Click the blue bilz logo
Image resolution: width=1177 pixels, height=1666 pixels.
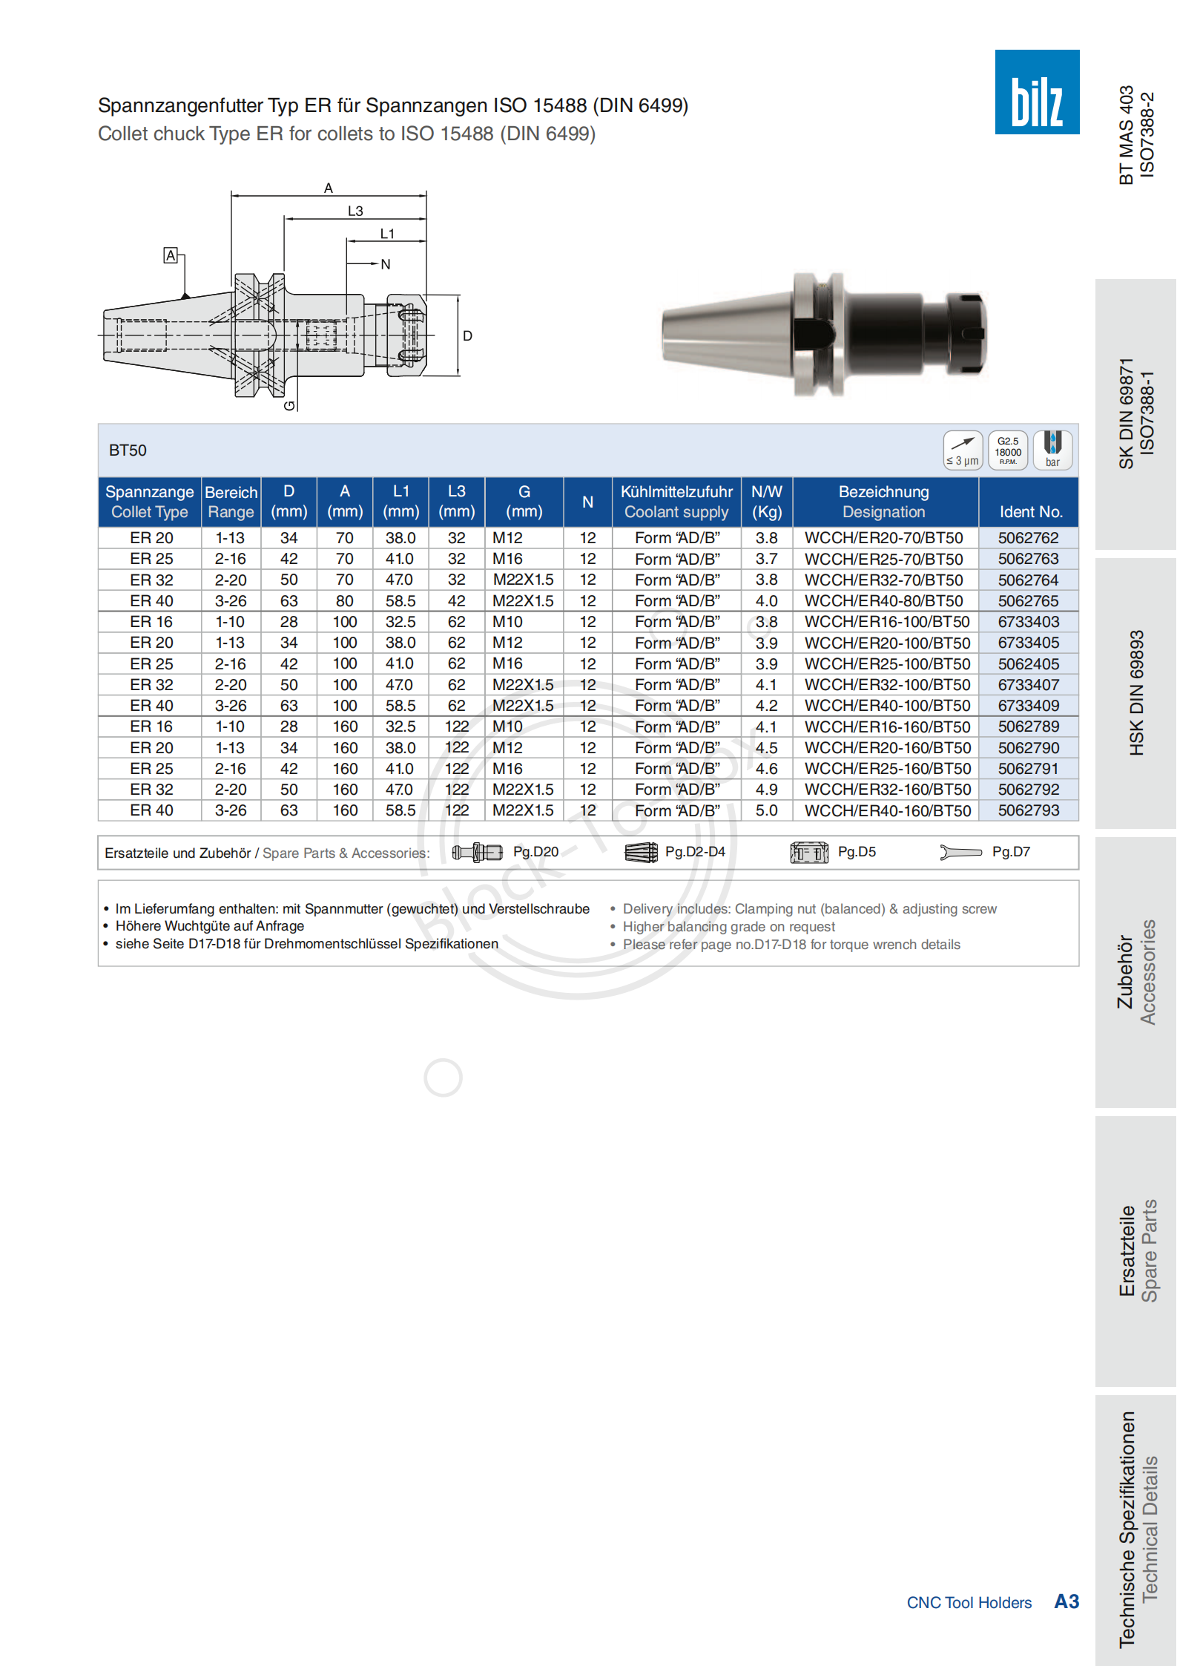(1036, 92)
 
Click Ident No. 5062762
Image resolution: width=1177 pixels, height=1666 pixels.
(1027, 538)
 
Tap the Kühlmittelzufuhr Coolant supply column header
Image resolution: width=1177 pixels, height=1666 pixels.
(676, 502)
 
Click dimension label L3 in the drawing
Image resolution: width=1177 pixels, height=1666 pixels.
(355, 211)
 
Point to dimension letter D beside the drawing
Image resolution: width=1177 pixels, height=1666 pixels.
(467, 336)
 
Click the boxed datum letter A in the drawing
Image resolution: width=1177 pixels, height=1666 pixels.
(171, 256)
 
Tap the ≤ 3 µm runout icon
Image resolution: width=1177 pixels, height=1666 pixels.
(962, 450)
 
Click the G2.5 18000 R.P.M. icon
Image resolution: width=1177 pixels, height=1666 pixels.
(1007, 450)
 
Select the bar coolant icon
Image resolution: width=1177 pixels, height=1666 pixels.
(1052, 450)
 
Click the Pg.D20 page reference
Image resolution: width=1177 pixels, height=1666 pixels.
(535, 852)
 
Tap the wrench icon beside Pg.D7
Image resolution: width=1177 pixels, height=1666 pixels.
(960, 852)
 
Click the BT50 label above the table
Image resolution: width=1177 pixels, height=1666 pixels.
(128, 450)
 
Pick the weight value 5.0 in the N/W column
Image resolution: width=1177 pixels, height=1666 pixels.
(766, 811)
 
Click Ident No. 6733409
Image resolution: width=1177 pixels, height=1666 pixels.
(1027, 706)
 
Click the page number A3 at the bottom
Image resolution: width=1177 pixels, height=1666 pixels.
(1066, 1601)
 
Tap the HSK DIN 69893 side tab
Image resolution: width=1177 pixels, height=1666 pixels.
(1135, 693)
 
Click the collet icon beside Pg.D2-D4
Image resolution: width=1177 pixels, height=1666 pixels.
(641, 852)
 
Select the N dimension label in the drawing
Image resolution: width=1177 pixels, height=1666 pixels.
(385, 264)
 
